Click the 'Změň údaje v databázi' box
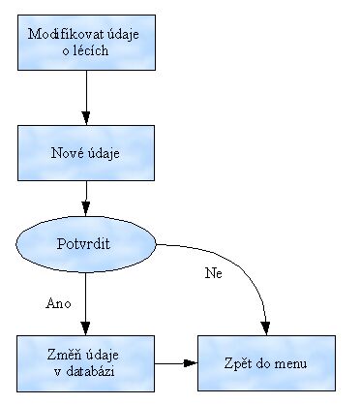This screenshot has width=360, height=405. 87,363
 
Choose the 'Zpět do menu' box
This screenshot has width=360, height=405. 267,363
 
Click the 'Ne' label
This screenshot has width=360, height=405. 213,273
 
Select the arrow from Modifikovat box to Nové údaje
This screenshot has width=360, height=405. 87,97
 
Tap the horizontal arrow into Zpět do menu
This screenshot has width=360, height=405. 176,363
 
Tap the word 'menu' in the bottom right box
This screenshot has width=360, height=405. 290,363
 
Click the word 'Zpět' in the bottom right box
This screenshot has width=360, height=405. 238,363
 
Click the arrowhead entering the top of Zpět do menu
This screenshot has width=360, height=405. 267,327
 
